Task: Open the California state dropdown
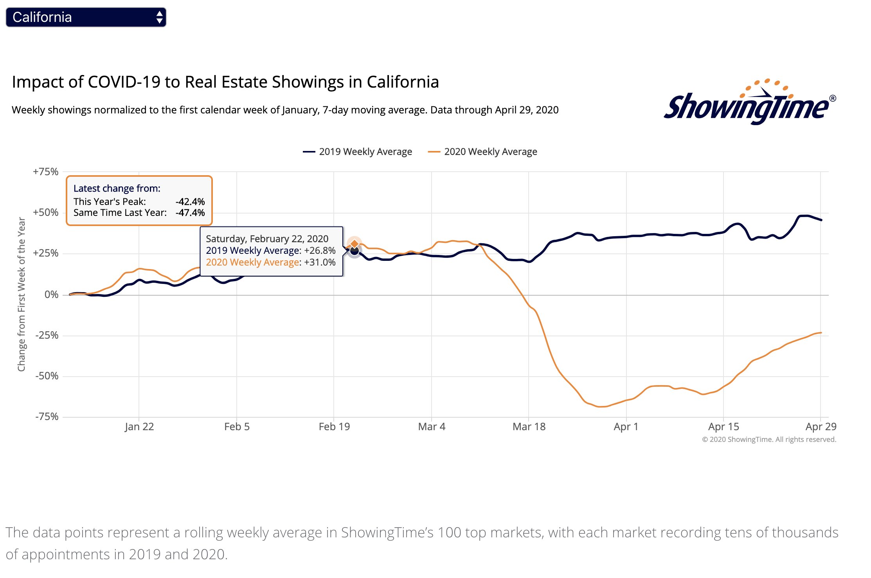tap(86, 17)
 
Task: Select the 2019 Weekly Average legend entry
tap(358, 152)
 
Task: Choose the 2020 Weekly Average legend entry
tap(483, 152)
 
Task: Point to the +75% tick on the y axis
tap(46, 172)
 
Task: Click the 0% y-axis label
tap(51, 294)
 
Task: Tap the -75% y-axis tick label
tap(47, 416)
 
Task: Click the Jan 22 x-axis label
tap(139, 427)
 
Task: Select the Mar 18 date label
tap(529, 427)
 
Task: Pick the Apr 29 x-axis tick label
tap(821, 427)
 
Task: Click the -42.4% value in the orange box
tap(190, 202)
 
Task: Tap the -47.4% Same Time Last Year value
tap(190, 213)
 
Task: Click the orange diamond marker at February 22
tap(355, 244)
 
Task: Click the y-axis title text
tap(22, 294)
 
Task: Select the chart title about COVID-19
tap(225, 82)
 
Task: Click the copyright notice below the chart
tap(769, 440)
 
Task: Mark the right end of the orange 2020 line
tap(821, 333)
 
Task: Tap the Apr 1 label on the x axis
tap(626, 427)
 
